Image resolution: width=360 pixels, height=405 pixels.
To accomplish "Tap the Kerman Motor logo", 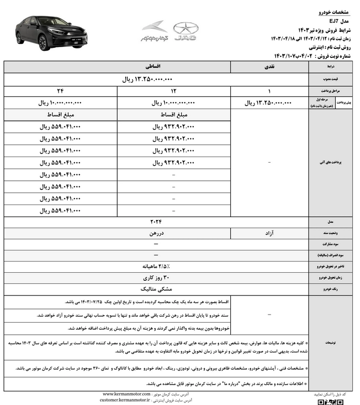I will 154,30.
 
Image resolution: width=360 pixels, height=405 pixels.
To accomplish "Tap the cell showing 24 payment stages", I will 61,91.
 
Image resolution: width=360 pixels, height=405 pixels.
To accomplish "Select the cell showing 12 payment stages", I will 174,91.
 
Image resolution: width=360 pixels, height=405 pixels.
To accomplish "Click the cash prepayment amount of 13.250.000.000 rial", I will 268,103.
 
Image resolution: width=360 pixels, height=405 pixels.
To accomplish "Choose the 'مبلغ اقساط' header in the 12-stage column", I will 174,115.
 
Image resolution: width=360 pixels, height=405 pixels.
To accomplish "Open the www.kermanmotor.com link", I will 126,394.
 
